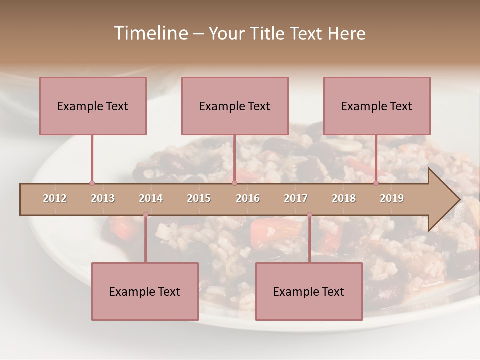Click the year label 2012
point(55,198)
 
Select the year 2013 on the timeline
point(103,198)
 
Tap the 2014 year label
point(151,198)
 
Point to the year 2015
point(199,198)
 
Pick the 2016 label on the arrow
point(248,198)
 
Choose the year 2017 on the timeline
point(296,198)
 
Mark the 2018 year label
point(344,198)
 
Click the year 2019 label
point(392,198)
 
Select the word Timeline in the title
point(150,33)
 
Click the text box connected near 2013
point(93,106)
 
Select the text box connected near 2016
point(235,106)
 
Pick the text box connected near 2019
point(377,106)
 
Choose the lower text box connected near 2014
point(145,291)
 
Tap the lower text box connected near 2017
point(309,291)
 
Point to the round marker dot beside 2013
point(92,183)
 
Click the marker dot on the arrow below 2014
point(145,214)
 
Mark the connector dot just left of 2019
point(376,183)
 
